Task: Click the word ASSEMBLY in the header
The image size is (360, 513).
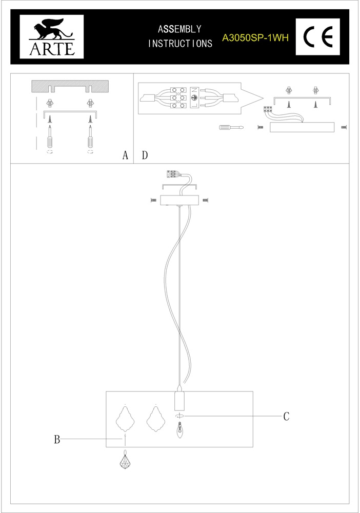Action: click(x=179, y=29)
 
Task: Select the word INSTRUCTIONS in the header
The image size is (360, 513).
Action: click(x=180, y=44)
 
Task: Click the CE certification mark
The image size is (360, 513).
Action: click(x=318, y=36)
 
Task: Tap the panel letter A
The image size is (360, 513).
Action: click(x=125, y=155)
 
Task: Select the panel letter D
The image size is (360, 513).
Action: click(x=145, y=155)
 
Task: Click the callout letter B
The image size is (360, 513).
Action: click(x=57, y=439)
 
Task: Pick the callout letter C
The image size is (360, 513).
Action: click(x=286, y=416)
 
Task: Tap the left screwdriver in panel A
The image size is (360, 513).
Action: click(x=50, y=137)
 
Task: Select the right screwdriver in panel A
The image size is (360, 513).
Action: click(x=90, y=137)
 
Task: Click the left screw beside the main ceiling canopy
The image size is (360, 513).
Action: click(x=153, y=200)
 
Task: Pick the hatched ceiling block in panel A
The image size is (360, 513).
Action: click(x=70, y=86)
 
